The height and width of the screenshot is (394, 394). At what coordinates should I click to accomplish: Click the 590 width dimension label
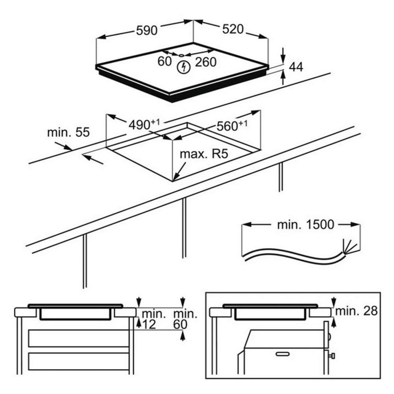point(147,31)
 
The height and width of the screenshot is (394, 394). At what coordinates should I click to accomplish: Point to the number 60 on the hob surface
point(164,61)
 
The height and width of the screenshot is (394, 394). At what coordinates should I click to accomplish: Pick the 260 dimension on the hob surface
point(206,62)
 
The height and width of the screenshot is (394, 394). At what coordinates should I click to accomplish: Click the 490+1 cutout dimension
point(144,125)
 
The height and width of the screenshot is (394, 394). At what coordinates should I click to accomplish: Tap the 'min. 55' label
point(68,133)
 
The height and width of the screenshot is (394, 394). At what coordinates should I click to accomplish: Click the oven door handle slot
point(284,354)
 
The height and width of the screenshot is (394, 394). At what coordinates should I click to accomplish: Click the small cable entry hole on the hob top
point(181,55)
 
